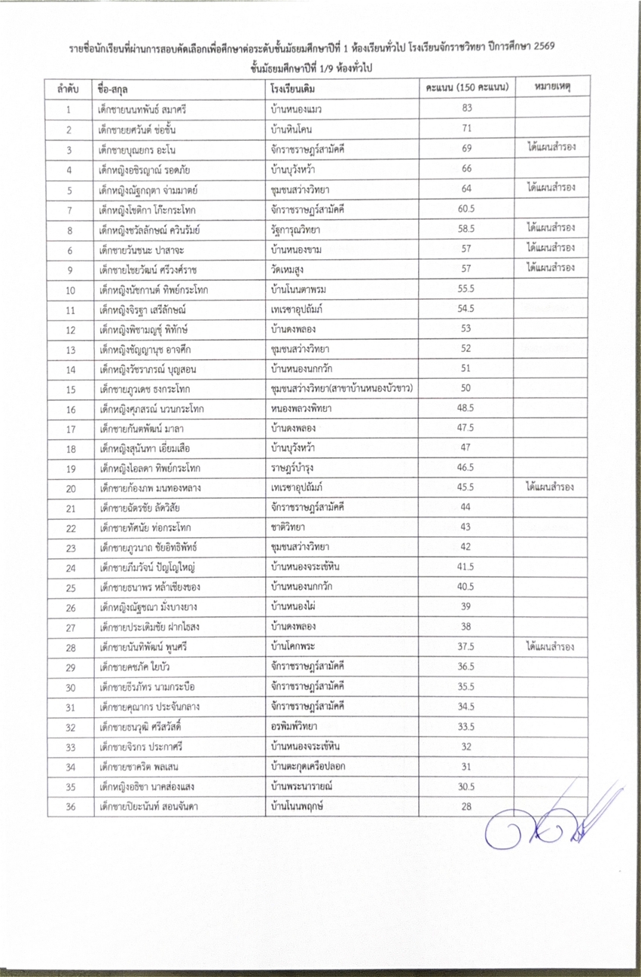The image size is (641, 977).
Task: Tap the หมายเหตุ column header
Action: click(x=552, y=87)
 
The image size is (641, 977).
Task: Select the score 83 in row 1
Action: click(x=466, y=108)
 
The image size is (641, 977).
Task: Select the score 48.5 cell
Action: click(x=466, y=408)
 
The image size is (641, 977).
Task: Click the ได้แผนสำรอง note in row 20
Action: click(x=552, y=487)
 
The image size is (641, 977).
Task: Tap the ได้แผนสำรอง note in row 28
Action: click(x=552, y=646)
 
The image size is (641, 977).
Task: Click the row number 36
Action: click(x=69, y=807)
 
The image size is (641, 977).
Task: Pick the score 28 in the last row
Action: click(x=466, y=807)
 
